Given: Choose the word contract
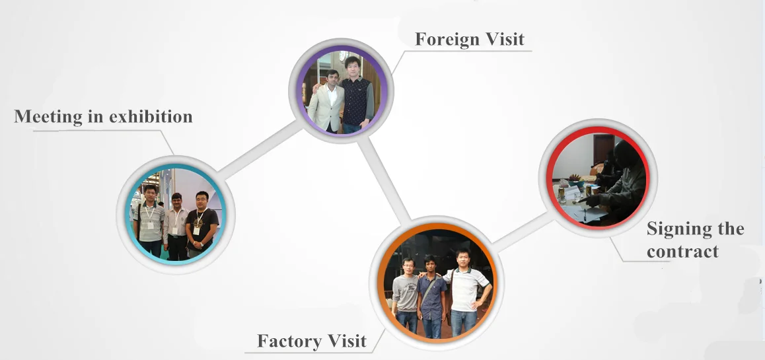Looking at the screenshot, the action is coord(682,252).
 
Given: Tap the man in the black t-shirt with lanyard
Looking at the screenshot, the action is coord(201,225).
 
